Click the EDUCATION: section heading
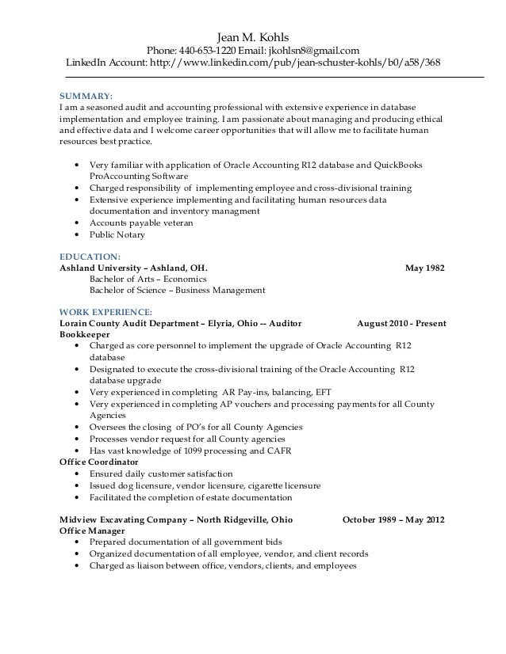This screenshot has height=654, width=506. [x=90, y=256]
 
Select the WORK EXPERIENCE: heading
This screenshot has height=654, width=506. [x=106, y=311]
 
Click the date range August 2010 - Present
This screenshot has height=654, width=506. [x=401, y=323]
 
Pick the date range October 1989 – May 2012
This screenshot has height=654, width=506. [x=393, y=520]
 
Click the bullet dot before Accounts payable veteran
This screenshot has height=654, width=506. [x=75, y=224]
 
